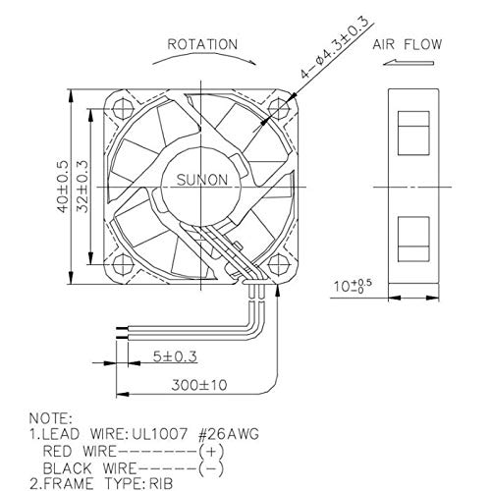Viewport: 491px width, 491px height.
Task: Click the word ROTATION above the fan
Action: [202, 44]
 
